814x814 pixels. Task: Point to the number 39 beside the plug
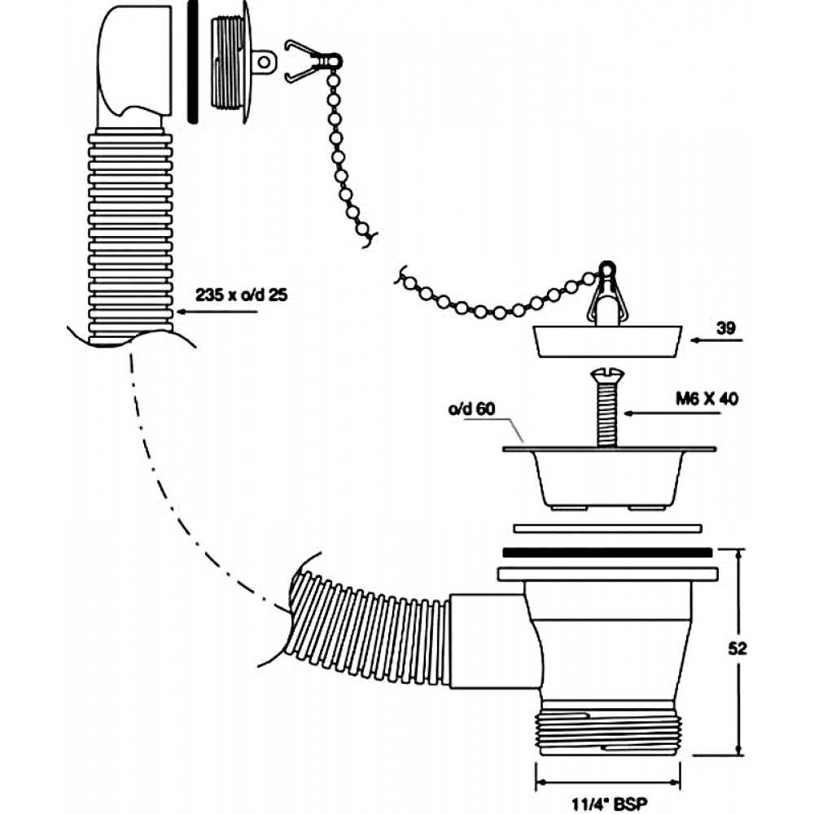tap(727, 329)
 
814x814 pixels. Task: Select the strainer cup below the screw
tap(606, 476)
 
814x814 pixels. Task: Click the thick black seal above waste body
tap(608, 552)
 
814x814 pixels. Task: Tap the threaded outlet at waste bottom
tap(608, 723)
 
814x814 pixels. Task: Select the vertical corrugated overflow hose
tap(130, 236)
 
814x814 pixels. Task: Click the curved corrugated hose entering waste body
tap(370, 627)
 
